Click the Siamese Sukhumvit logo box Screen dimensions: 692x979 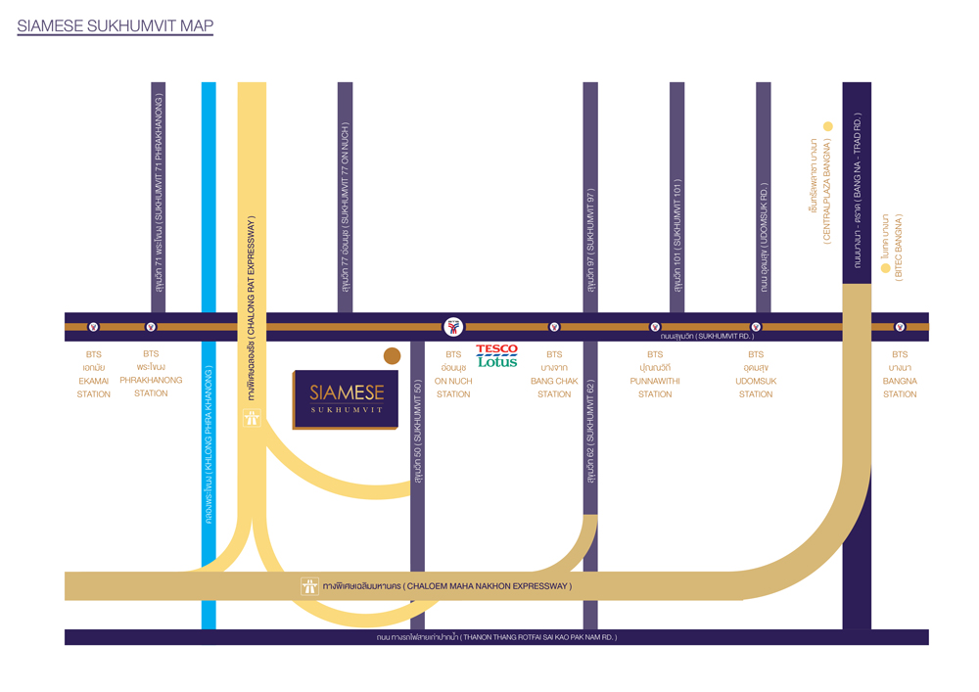pyautogui.click(x=345, y=398)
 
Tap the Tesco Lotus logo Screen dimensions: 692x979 pyautogui.click(x=496, y=355)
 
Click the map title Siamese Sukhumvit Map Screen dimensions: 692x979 pyautogui.click(x=116, y=26)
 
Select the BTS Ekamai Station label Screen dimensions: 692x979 pyautogui.click(x=94, y=374)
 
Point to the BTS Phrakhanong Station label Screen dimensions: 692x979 pyautogui.click(x=151, y=374)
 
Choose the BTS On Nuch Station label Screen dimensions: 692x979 pyautogui.click(x=453, y=374)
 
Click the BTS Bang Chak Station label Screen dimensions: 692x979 pyautogui.click(x=554, y=374)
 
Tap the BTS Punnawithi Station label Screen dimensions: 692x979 pyautogui.click(x=655, y=374)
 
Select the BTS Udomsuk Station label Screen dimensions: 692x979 pyautogui.click(x=756, y=374)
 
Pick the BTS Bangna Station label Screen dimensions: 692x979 pyautogui.click(x=900, y=374)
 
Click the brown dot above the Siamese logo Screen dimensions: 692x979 pyautogui.click(x=392, y=356)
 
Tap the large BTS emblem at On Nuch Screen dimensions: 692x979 pyautogui.click(x=453, y=326)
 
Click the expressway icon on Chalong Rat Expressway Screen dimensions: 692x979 pyautogui.click(x=252, y=418)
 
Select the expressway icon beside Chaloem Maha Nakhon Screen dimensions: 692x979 pyautogui.click(x=309, y=586)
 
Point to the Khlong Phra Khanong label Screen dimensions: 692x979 pyautogui.click(x=209, y=445)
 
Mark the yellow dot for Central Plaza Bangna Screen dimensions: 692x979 pyautogui.click(x=827, y=126)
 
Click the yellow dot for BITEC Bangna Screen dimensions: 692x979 pyautogui.click(x=885, y=268)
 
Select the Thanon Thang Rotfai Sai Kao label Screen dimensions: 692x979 pyautogui.click(x=496, y=637)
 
